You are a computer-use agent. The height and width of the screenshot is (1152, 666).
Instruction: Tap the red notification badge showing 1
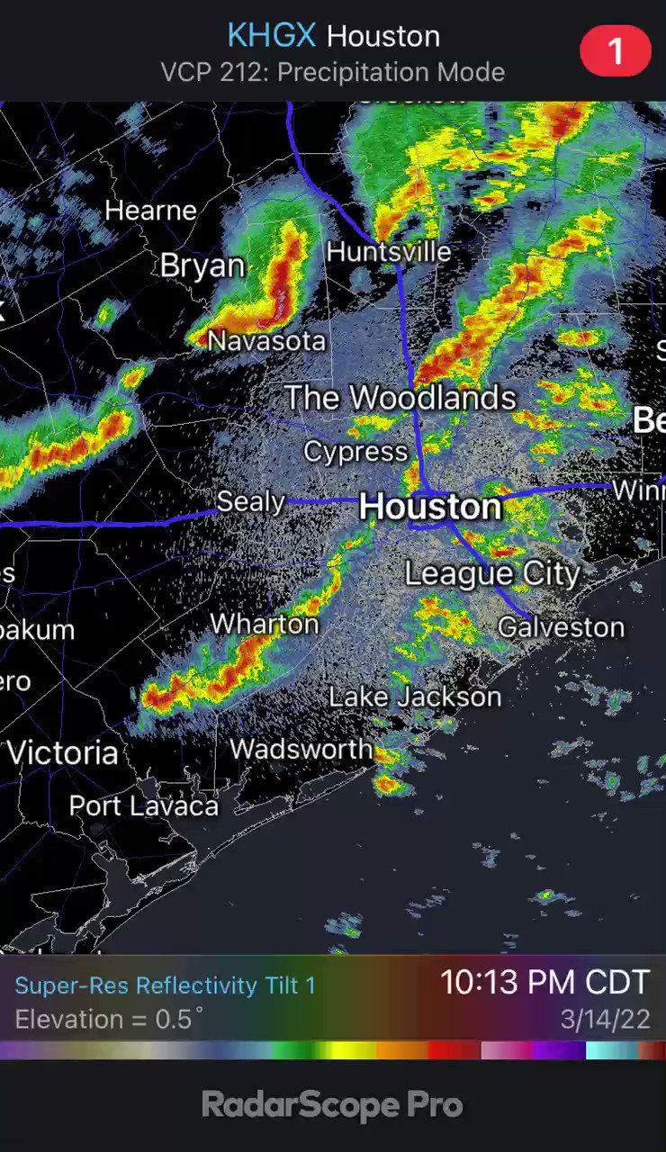(x=616, y=50)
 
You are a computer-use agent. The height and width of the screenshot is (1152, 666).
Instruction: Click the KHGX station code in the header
(x=272, y=36)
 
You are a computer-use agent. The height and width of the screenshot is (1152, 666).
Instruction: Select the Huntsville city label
(x=389, y=251)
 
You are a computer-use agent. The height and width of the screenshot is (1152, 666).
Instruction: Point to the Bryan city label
(x=202, y=265)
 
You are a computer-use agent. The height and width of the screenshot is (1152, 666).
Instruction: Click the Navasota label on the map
(x=266, y=340)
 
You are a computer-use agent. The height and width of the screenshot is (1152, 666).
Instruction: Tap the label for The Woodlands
(x=400, y=397)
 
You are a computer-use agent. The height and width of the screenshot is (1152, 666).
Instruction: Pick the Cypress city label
(x=355, y=451)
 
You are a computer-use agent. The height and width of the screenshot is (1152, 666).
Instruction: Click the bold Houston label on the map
(x=430, y=506)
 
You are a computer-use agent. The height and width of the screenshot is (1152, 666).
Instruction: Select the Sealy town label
(x=251, y=501)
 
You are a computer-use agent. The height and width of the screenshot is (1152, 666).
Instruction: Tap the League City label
(x=492, y=573)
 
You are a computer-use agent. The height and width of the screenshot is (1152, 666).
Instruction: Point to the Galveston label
(x=562, y=626)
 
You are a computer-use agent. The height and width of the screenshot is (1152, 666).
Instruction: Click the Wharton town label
(x=265, y=624)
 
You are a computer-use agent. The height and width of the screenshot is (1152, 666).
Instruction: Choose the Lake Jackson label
(x=415, y=696)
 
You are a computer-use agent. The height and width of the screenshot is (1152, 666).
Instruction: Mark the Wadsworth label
(x=301, y=749)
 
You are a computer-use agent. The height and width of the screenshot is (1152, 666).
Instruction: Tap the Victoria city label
(x=63, y=752)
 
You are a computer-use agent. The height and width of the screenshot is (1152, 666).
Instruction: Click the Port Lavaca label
(x=144, y=805)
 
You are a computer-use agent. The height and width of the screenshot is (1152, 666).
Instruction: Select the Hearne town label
(x=150, y=211)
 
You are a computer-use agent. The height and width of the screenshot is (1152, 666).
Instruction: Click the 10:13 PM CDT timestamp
(x=544, y=982)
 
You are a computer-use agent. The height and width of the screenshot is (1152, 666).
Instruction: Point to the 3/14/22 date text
(x=605, y=1020)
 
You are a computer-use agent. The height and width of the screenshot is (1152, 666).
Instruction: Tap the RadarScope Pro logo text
(x=332, y=1104)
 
